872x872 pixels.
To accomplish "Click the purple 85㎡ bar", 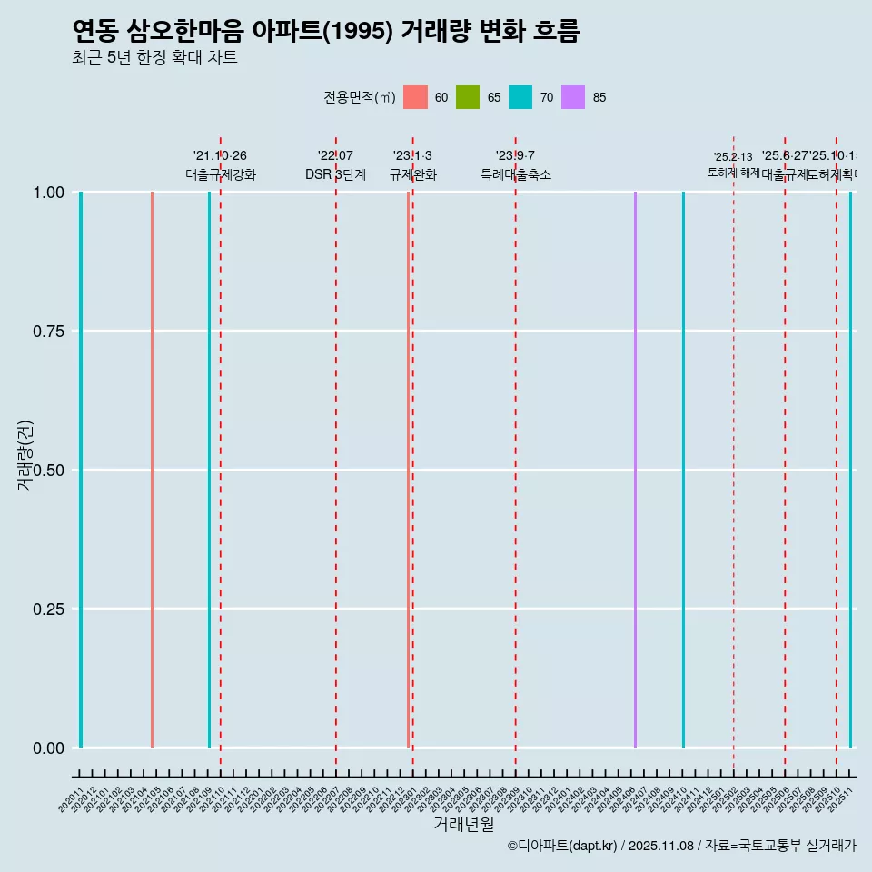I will [635, 470].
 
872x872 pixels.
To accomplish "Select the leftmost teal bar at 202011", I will [81, 470].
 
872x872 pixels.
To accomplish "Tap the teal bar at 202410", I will [683, 470].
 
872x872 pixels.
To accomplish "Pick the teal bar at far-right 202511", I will [850, 470].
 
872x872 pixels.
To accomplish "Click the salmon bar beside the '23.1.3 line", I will [408, 470].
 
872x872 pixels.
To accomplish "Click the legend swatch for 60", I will [415, 97].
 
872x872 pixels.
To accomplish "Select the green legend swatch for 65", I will [468, 97].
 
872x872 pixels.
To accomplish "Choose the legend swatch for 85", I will [573, 97].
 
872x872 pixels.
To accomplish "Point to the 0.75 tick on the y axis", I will [47, 332].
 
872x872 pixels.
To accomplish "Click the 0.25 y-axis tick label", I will [47, 609].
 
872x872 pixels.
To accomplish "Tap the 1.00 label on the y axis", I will [47, 193].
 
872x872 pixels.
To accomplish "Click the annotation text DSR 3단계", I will [335, 174].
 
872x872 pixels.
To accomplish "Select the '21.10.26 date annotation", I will [220, 156].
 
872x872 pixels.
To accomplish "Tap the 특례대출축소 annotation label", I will [516, 174].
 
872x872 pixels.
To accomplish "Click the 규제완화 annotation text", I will [413, 174].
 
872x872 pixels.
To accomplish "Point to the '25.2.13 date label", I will [733, 157].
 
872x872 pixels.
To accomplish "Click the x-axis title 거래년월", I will [463, 824].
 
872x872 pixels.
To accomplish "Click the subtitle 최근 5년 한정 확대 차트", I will [154, 58].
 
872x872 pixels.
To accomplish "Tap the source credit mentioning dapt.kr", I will [681, 846].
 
